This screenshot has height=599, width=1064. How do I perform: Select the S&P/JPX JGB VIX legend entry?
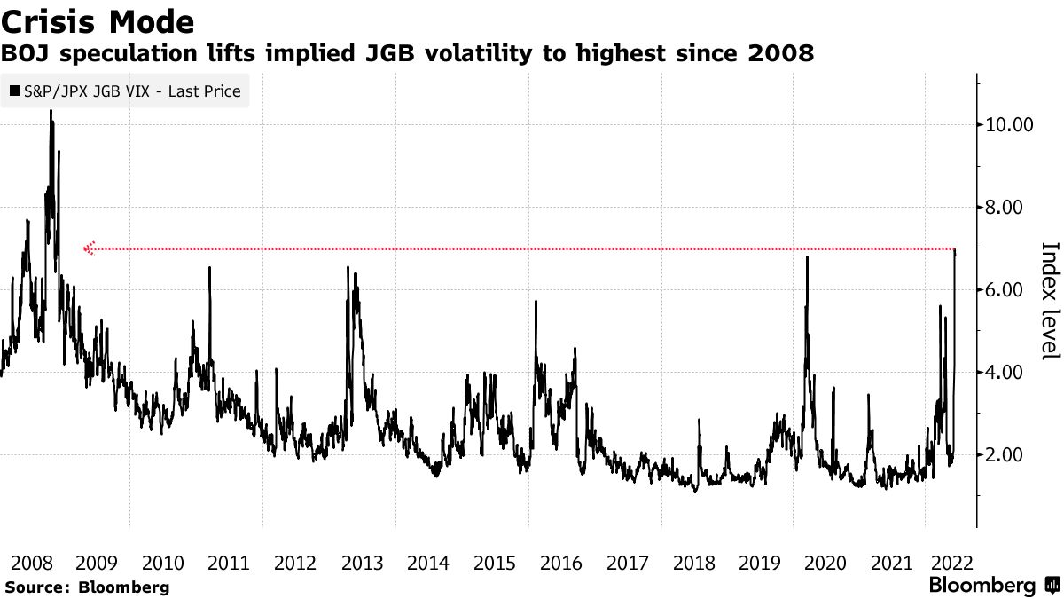[x=125, y=91]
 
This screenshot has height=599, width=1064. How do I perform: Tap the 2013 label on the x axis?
[x=362, y=563]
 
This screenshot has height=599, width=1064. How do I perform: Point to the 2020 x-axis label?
[x=825, y=563]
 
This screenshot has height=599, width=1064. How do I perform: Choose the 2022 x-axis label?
[x=951, y=563]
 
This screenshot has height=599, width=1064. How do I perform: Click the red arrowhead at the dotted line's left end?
[x=88, y=249]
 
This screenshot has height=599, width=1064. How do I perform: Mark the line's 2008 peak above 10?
[x=51, y=112]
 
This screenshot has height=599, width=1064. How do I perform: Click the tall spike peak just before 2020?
[x=808, y=257]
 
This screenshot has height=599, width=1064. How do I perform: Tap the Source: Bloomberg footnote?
[x=87, y=587]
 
